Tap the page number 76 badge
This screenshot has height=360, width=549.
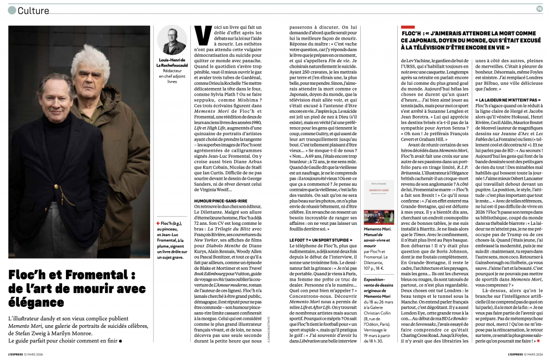(x=539, y=8)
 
